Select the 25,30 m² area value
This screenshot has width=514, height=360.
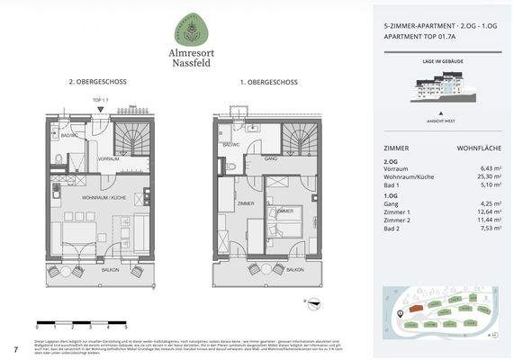[x=482, y=176]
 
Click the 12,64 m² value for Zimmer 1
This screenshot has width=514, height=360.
[x=482, y=212]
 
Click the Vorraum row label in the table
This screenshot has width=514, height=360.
[x=397, y=168]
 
